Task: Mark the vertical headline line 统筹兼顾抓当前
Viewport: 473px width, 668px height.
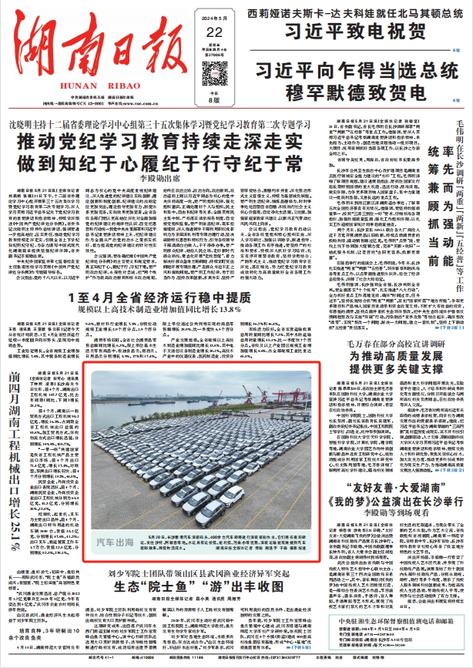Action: click(x=433, y=193)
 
